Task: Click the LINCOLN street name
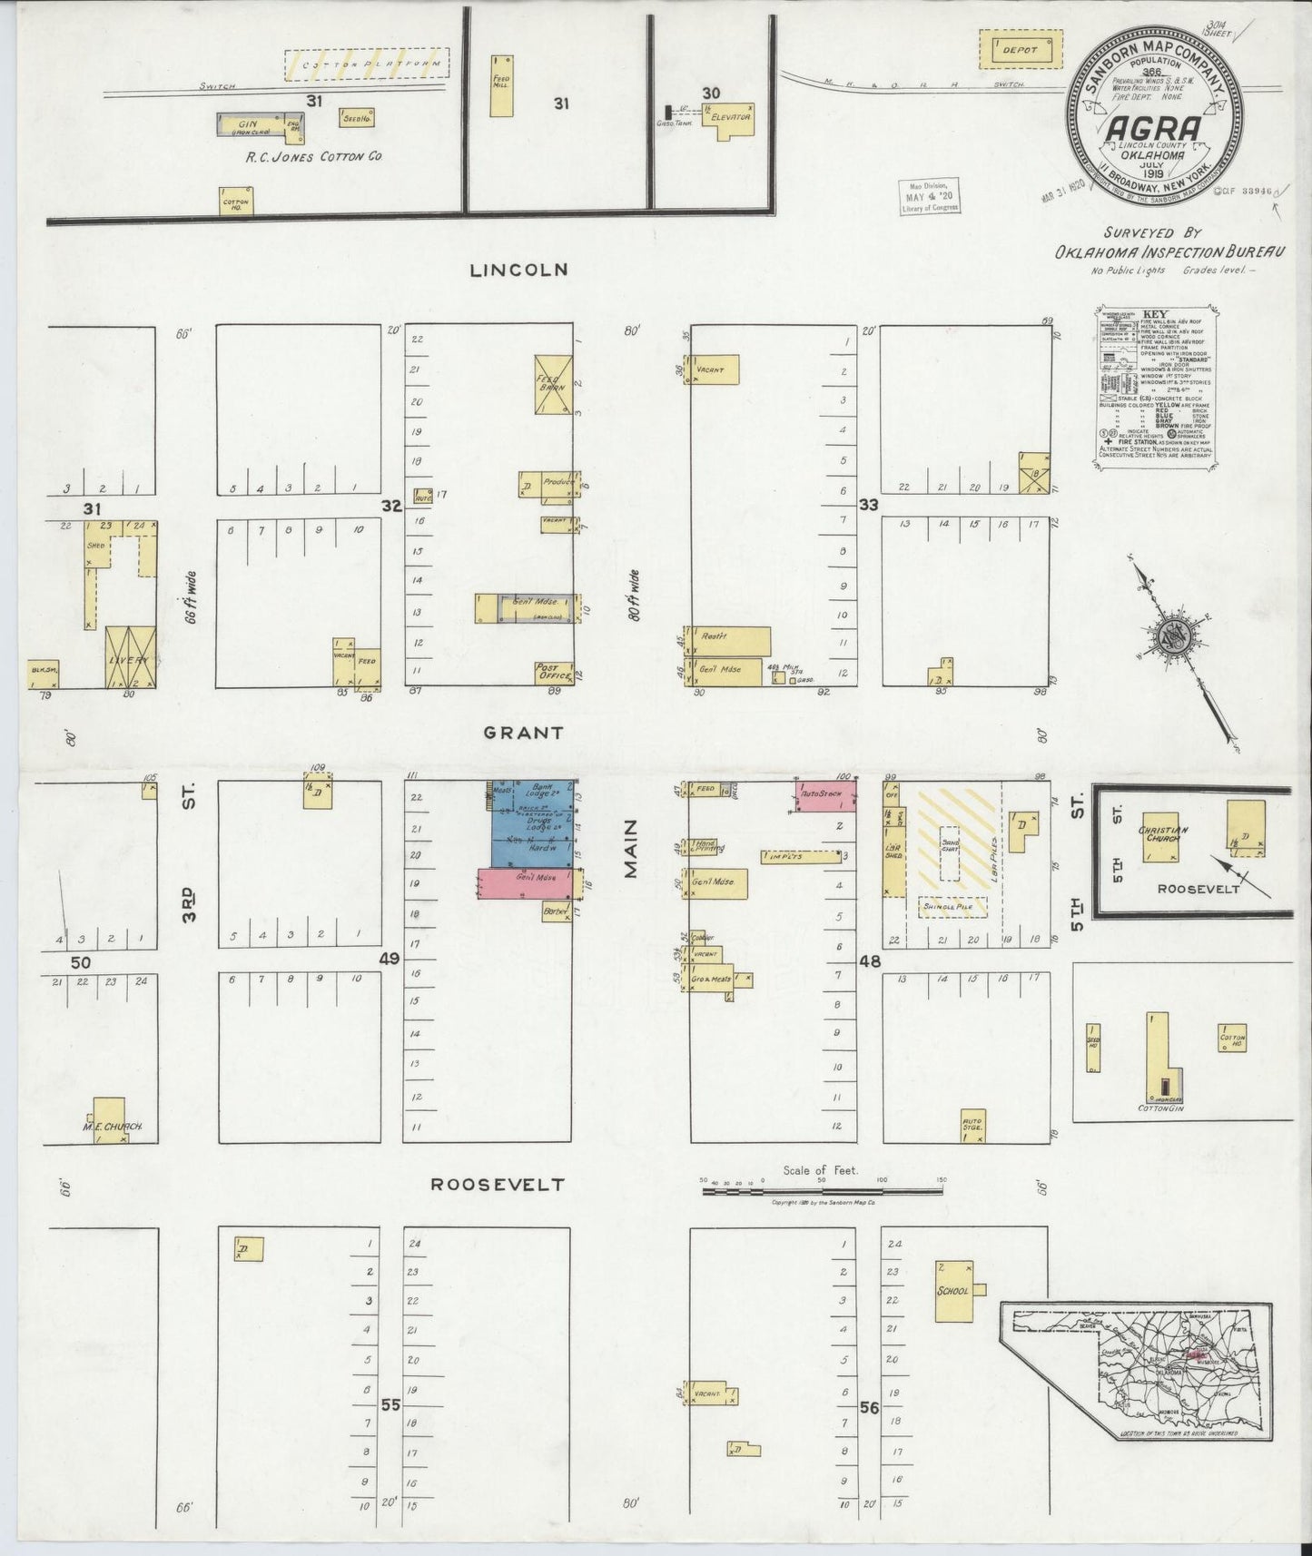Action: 518,270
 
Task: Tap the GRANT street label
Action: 523,732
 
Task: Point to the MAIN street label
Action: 632,849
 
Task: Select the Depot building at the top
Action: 1021,50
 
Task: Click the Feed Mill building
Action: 501,84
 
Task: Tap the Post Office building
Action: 553,673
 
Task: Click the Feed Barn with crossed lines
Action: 552,385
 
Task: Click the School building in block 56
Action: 956,1289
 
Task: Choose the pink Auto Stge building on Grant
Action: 825,796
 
